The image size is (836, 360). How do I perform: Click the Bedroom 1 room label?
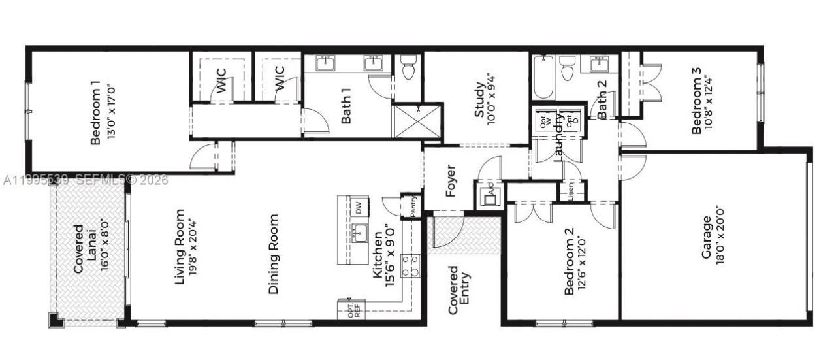coord(95,112)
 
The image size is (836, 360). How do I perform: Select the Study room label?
coord(480,99)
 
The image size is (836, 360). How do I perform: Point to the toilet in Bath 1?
coord(409,67)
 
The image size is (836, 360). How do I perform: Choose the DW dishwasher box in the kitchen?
coord(358,208)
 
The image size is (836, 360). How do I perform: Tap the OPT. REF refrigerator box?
coord(353,310)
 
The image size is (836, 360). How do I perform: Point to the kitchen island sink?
coord(359,233)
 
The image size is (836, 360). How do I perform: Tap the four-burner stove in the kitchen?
coord(410,266)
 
